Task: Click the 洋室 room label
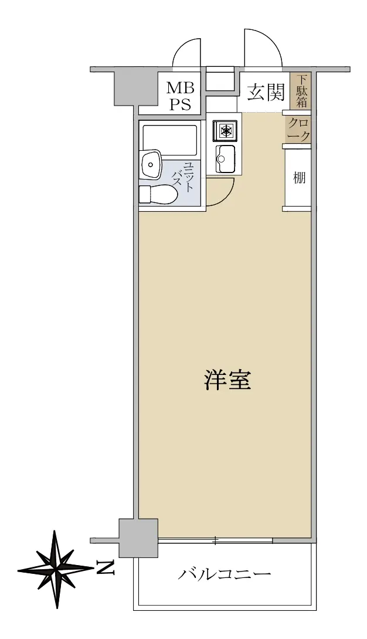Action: click(227, 380)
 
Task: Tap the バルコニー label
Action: click(225, 575)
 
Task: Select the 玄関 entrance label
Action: click(266, 92)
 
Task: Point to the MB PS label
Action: click(181, 96)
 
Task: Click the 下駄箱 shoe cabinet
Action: click(301, 91)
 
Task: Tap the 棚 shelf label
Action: click(300, 178)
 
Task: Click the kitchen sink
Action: click(225, 158)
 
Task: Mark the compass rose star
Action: click(56, 569)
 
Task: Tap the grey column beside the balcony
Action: click(138, 538)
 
